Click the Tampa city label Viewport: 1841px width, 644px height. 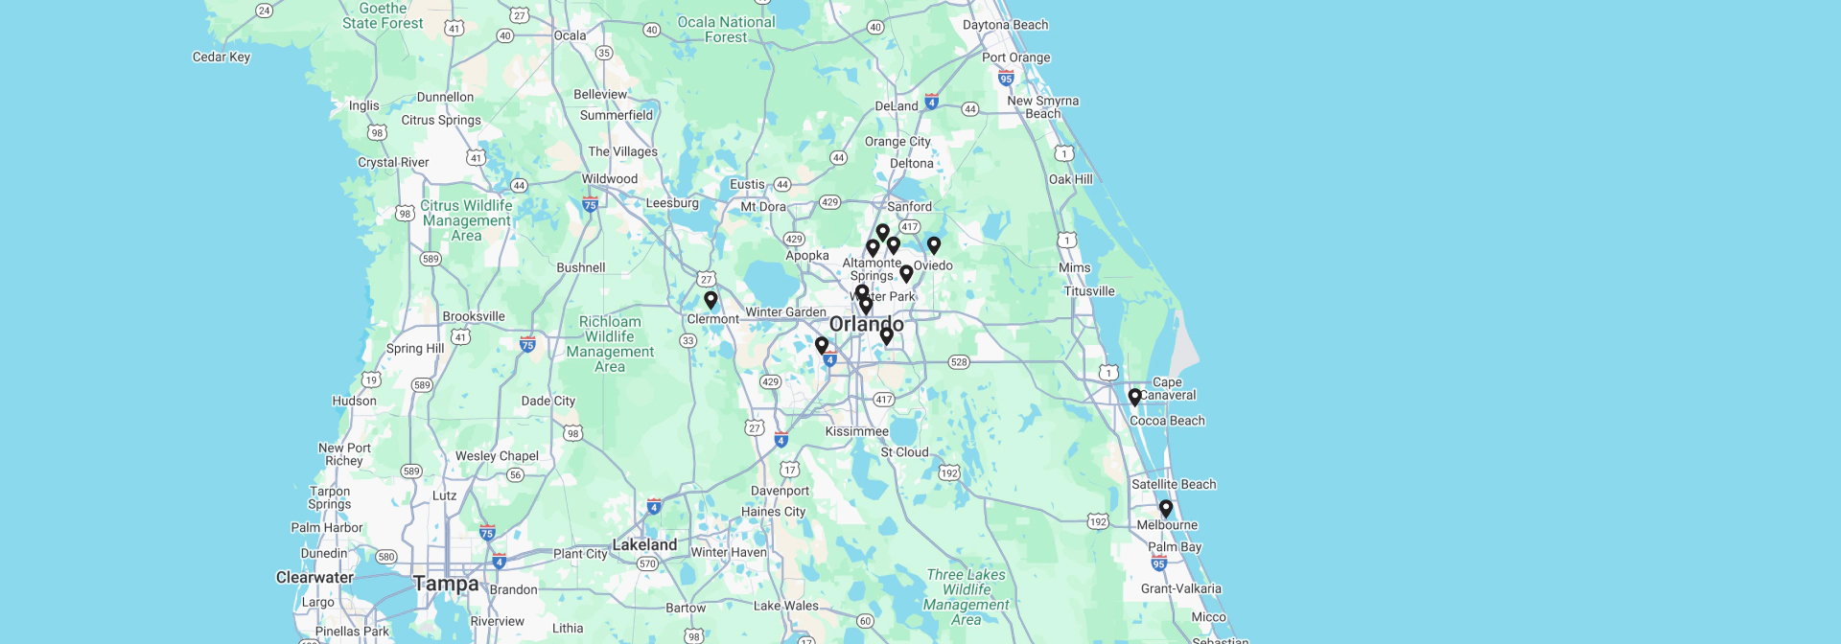point(446,584)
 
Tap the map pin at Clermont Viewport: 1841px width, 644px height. point(711,300)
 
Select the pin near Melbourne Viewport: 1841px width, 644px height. point(1166,508)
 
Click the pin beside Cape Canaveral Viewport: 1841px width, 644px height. point(1134,396)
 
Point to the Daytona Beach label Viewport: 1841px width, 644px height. point(1005,25)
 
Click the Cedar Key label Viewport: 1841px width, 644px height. point(221,57)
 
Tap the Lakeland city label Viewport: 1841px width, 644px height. point(644,544)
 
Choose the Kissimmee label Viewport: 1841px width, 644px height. point(856,431)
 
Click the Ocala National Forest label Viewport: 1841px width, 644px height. point(726,30)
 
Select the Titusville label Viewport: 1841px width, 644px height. point(1089,291)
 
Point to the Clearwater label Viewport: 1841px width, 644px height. point(315,577)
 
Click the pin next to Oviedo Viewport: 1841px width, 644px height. point(934,245)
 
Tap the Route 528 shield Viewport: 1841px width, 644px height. point(959,362)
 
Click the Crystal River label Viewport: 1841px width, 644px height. point(393,162)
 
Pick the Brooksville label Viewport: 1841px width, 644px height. point(474,316)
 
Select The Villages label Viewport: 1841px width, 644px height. point(623,151)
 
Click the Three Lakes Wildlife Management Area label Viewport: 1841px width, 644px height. point(966,597)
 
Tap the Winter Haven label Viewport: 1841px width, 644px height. point(729,552)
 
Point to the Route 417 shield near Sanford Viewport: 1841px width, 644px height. point(909,227)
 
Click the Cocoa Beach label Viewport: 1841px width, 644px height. point(1167,421)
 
